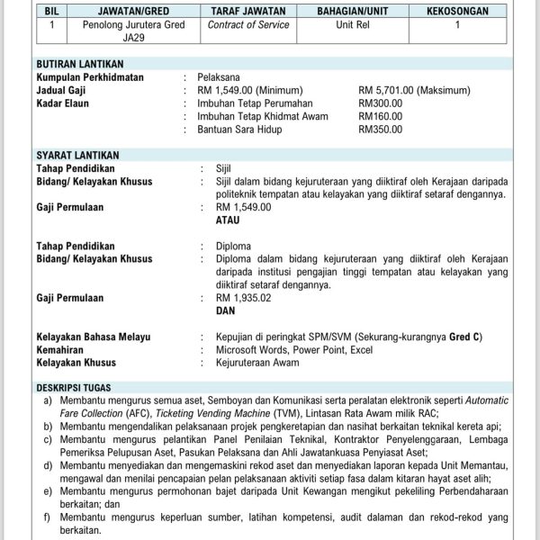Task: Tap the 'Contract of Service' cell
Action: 248,25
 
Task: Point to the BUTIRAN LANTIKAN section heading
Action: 79,65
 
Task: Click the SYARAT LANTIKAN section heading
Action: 77,156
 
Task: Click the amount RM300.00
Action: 377,103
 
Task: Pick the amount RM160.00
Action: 377,116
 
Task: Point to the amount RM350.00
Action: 377,130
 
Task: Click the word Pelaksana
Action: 220,78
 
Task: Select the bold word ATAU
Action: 229,220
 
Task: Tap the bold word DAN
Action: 226,310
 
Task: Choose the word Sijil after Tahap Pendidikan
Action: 224,168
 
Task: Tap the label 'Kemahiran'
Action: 61,350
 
